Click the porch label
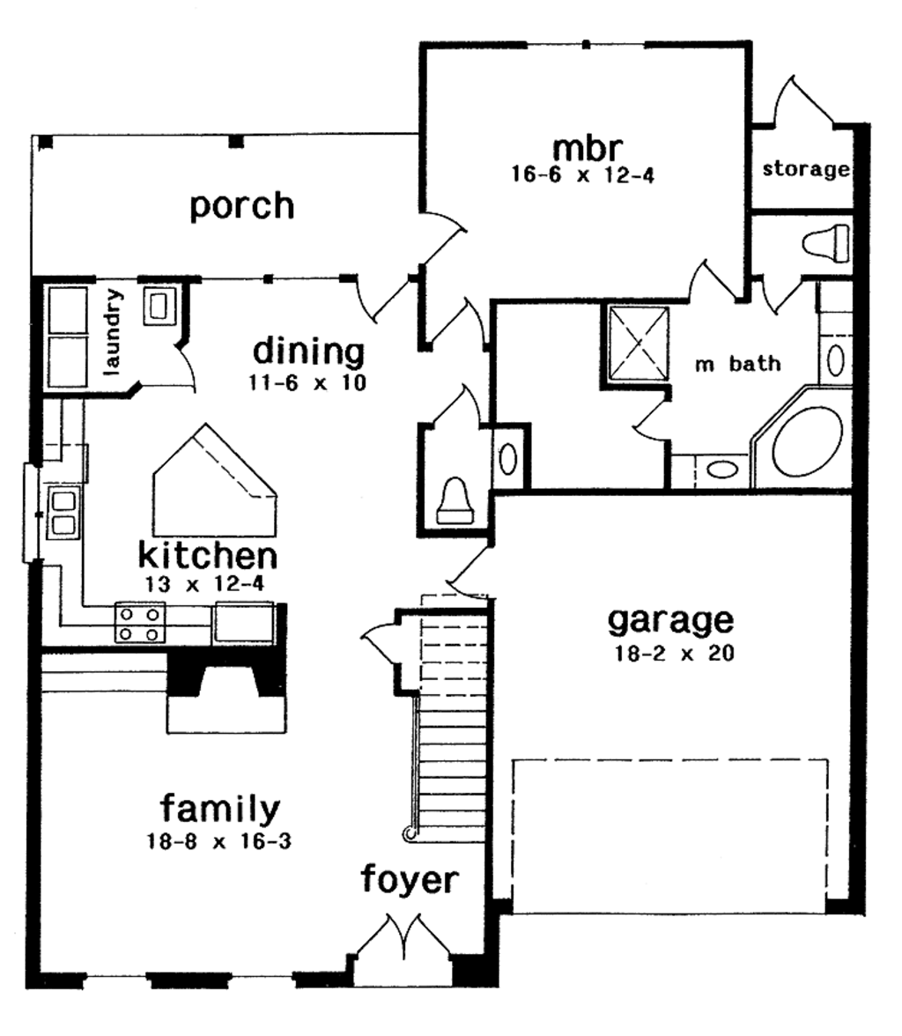coord(242,206)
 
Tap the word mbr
coord(583,147)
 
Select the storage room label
coord(805,169)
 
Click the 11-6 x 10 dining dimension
coord(308,384)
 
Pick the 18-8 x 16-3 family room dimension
coord(219,841)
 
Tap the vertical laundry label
coord(113,331)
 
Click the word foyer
coord(410,879)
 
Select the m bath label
coord(737,364)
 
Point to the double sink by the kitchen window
coord(63,514)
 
